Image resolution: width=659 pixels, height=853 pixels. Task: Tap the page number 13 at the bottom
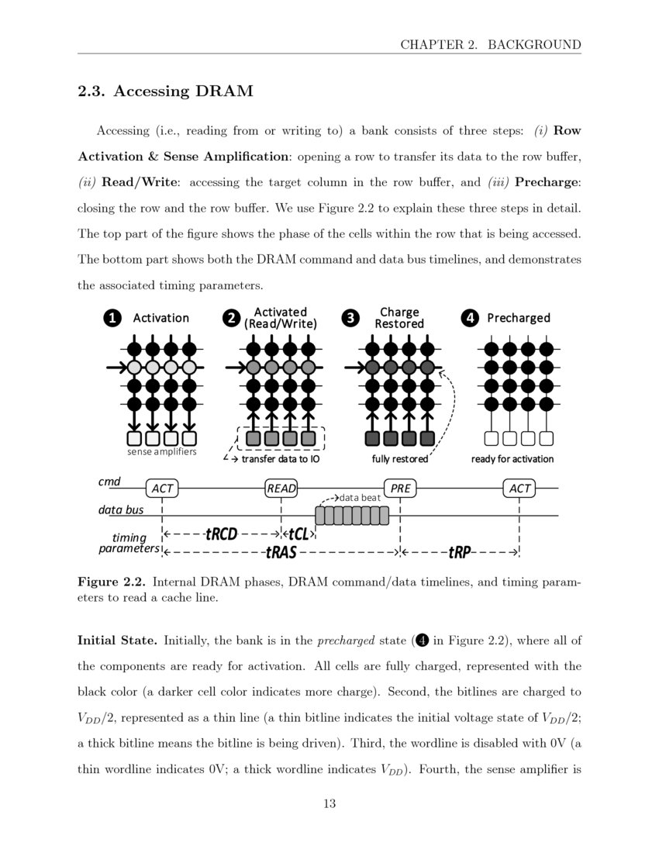coord(329,803)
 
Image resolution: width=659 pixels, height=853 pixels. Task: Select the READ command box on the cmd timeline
coord(281,488)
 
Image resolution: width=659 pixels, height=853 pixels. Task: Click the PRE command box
coord(400,488)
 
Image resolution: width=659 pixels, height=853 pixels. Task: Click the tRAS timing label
coord(281,552)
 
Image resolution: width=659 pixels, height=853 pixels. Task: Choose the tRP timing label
coord(460,552)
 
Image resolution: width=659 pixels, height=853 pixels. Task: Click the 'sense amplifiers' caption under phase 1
coord(161,451)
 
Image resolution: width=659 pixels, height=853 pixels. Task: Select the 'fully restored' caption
coord(400,459)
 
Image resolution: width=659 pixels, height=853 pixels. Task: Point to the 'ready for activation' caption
coord(512,459)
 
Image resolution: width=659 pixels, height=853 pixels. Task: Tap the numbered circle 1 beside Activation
coord(113,318)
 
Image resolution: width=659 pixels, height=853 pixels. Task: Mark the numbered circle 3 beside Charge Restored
coord(351,318)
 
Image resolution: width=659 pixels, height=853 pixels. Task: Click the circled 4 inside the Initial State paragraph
coord(422,640)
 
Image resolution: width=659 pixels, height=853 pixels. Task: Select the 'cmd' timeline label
coord(109,482)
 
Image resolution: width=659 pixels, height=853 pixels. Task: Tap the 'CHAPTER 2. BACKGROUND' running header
coord(490,44)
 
